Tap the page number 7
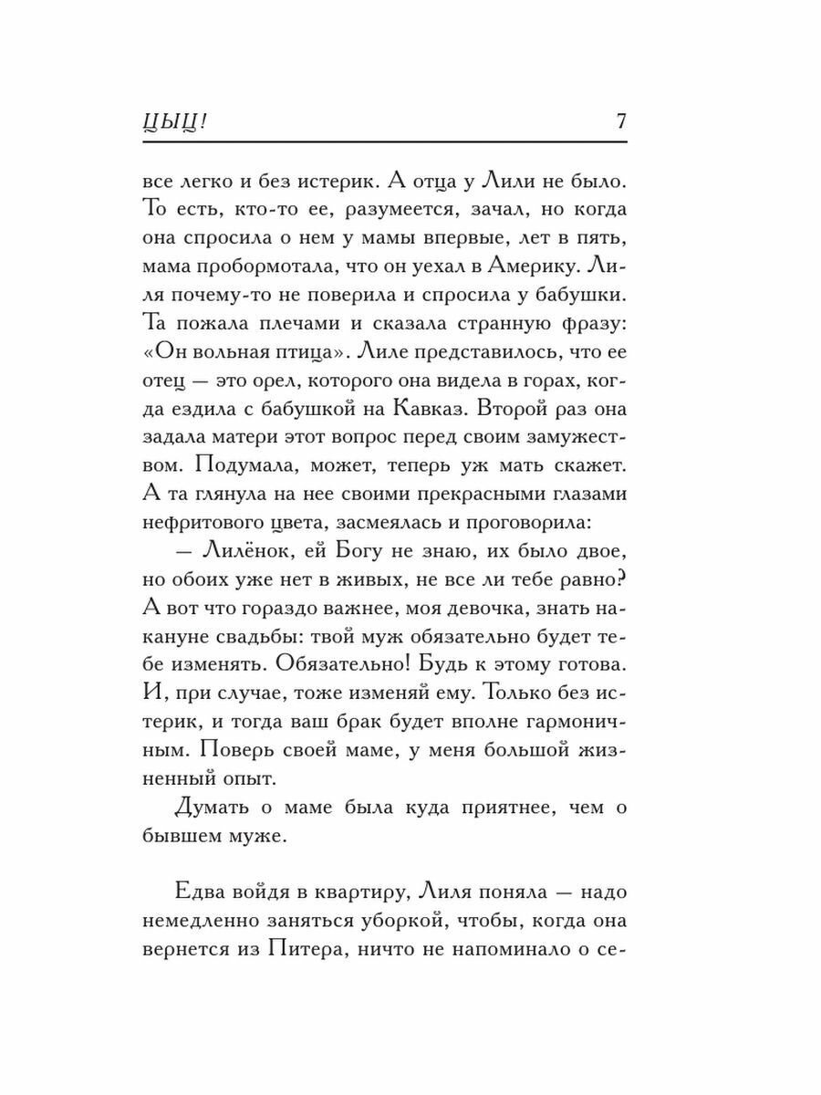pyautogui.click(x=620, y=121)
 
